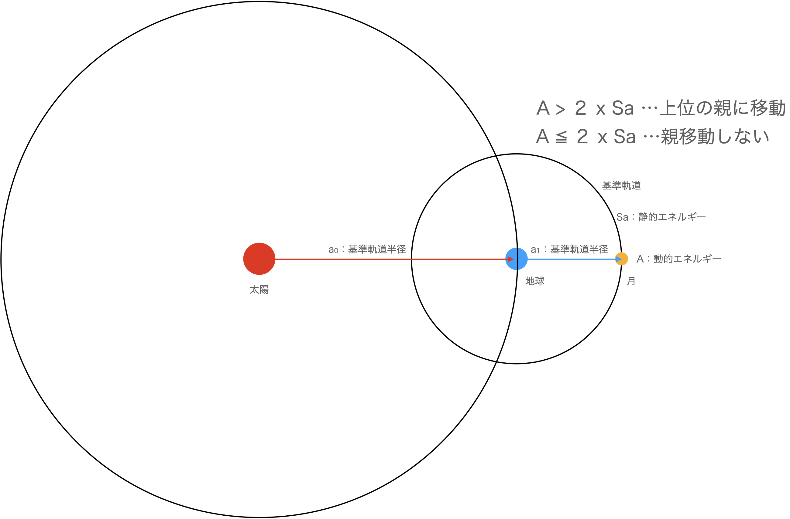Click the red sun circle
point(259,259)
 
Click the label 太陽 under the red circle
point(259,290)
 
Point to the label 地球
point(535,281)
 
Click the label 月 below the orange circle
point(631,281)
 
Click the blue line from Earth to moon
point(571,259)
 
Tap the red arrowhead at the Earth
point(511,259)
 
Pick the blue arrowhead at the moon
point(618,259)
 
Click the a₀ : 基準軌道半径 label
point(367,249)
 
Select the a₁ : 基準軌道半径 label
point(569,249)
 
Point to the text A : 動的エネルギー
point(678,259)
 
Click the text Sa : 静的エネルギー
point(661,217)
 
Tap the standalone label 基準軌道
point(621,185)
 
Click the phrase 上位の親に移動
point(722,108)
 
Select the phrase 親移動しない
point(714,137)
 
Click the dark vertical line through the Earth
point(517,259)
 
